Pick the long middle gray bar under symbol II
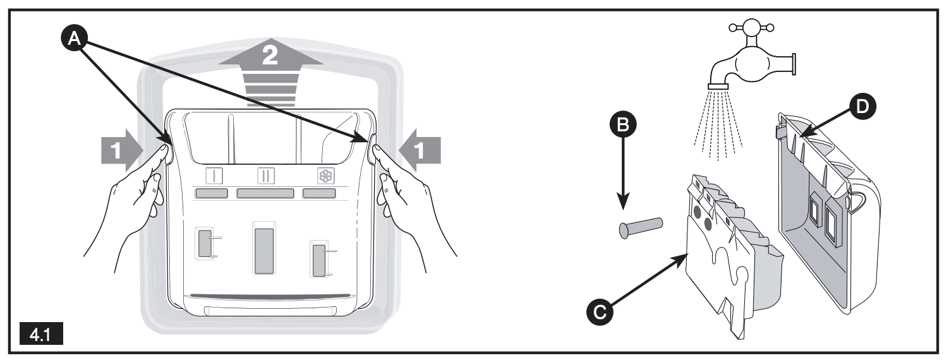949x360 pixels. click(x=265, y=193)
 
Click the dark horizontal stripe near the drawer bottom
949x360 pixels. click(x=269, y=294)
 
